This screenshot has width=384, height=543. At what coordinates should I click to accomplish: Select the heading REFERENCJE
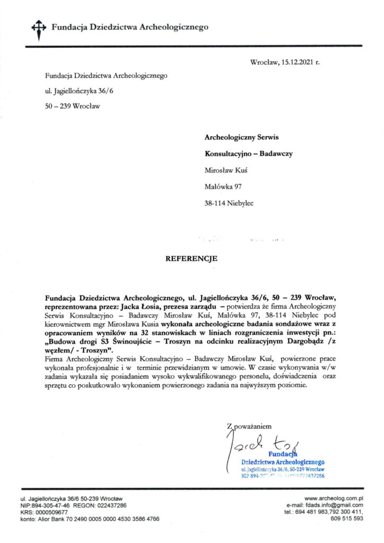192,259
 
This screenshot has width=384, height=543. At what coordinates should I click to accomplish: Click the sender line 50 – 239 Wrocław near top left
73,106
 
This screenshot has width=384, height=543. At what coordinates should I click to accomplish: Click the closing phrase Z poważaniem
249,425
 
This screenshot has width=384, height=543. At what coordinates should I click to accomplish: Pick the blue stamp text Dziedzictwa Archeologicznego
283,462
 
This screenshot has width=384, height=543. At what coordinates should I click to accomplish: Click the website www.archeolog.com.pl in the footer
334,498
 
